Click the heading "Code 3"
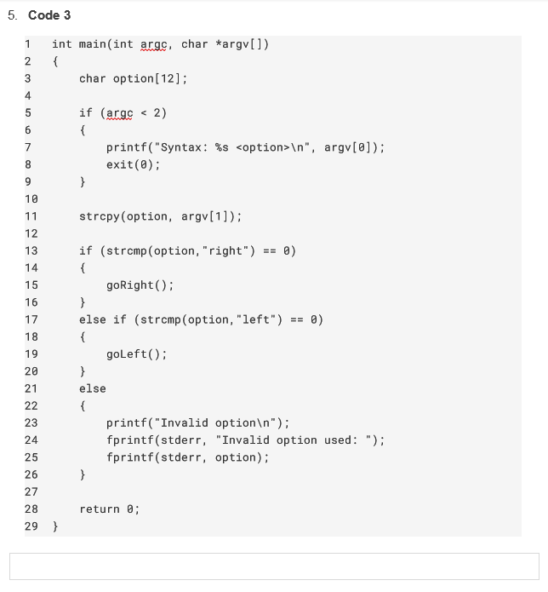(x=49, y=15)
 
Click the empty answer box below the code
(x=274, y=566)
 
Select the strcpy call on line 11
(x=160, y=216)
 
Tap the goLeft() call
(x=136, y=354)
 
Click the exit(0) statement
(x=133, y=164)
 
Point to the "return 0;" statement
(x=109, y=509)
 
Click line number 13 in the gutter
(x=31, y=250)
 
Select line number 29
(x=31, y=526)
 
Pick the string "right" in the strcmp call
(x=225, y=250)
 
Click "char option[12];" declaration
(x=133, y=78)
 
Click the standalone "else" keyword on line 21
(x=92, y=388)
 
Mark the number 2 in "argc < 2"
(x=157, y=112)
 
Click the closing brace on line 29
(x=55, y=526)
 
